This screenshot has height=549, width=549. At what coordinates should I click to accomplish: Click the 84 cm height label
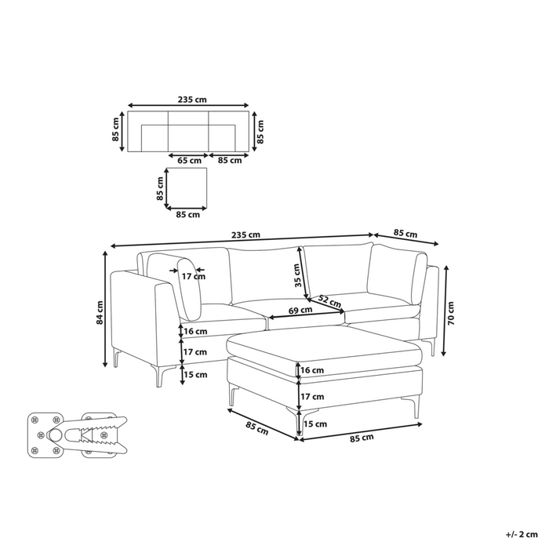100,312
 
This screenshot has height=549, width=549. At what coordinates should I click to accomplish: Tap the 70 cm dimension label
451,314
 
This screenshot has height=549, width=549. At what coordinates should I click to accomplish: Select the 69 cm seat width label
300,310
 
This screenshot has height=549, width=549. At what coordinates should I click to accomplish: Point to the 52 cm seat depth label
330,301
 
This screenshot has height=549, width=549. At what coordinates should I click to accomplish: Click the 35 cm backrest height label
297,275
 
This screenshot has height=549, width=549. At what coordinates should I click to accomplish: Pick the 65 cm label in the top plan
190,161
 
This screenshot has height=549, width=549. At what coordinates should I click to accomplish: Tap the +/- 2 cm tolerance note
522,534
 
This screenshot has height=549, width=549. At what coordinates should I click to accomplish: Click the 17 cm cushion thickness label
194,277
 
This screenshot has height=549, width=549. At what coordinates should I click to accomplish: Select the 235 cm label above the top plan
192,100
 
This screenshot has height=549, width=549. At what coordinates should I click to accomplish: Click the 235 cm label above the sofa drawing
245,235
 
